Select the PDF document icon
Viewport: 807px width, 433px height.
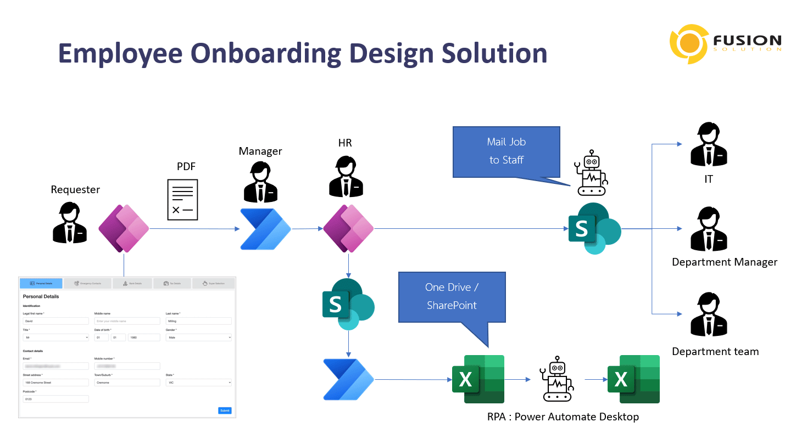[x=182, y=200]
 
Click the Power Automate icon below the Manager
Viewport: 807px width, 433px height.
[x=265, y=229]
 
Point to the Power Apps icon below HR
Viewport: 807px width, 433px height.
[x=348, y=228]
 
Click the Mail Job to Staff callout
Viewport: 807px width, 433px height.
[x=506, y=151]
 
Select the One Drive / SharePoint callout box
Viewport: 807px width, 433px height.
[x=452, y=296]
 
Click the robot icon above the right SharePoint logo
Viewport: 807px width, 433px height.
[x=591, y=172]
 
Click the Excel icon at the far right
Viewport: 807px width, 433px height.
[x=633, y=379]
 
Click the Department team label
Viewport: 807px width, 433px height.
[x=715, y=352]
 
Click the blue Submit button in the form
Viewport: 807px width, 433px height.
[x=225, y=410]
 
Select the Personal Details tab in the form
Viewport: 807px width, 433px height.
[x=41, y=283]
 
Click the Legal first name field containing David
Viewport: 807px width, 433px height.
[x=55, y=321]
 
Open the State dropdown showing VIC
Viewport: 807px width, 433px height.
[x=198, y=383]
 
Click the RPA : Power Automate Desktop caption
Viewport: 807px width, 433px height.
[x=563, y=417]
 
